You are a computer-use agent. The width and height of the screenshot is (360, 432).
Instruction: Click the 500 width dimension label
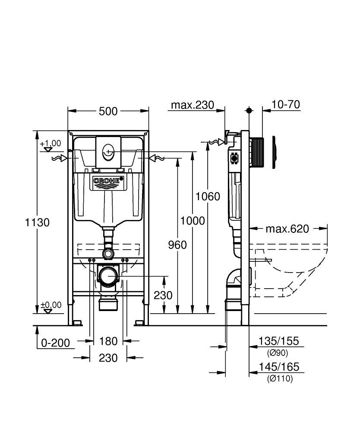108,111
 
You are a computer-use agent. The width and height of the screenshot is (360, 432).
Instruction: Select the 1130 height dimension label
38,222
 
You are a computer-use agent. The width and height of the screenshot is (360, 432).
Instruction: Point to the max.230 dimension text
193,105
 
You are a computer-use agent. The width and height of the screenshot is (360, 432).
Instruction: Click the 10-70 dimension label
286,105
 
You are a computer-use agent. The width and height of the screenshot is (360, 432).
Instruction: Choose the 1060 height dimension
208,197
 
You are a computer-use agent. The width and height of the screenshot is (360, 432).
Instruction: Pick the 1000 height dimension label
193,221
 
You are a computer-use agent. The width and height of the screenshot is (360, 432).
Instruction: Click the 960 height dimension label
177,245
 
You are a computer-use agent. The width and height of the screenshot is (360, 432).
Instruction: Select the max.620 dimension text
287,229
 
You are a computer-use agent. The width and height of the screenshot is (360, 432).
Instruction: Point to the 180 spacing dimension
108,341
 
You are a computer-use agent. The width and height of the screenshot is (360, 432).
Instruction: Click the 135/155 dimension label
278,341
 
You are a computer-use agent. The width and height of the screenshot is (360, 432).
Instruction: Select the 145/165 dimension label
278,367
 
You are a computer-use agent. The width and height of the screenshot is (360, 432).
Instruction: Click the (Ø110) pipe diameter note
279,379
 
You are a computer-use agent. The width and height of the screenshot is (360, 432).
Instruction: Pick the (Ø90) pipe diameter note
278,353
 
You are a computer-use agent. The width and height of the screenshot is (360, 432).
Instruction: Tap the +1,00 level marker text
51,143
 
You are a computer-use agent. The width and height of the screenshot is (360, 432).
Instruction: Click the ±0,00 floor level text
51,305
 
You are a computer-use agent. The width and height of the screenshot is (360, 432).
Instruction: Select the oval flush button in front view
107,152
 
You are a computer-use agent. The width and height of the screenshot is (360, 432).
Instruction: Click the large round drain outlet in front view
108,275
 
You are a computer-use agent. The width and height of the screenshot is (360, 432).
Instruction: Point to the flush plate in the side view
274,152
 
